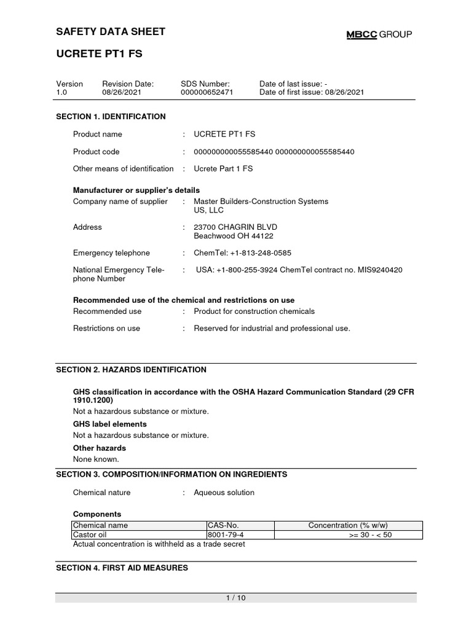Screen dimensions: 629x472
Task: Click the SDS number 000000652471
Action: [x=207, y=92]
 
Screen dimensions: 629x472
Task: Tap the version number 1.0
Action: [x=61, y=92]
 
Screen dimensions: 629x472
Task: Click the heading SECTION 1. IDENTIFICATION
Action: [x=111, y=116]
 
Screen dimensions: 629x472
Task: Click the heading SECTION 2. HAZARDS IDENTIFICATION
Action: [x=131, y=370]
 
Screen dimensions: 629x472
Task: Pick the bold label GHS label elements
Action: [x=110, y=424]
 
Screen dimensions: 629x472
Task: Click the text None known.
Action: [x=96, y=459]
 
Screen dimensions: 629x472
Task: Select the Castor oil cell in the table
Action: [x=90, y=535]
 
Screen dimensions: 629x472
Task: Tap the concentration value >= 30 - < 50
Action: [x=370, y=535]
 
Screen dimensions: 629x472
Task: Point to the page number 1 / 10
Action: [x=236, y=598]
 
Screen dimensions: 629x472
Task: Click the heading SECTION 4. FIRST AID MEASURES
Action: [x=122, y=568]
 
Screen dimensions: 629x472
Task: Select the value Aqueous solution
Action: [x=224, y=493]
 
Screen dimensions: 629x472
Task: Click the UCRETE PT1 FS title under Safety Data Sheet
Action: [x=99, y=54]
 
